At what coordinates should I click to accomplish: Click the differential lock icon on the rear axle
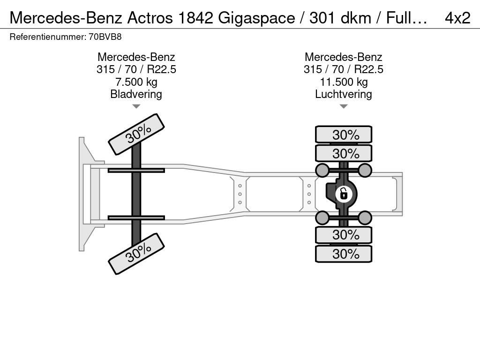(344, 194)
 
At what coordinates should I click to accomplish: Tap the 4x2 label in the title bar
(457, 18)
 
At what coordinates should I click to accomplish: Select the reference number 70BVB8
(105, 37)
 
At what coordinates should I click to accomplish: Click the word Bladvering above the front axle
(136, 94)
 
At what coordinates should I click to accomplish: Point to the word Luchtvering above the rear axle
(344, 94)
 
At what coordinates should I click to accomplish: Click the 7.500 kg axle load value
(136, 82)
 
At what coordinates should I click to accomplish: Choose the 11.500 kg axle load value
(344, 82)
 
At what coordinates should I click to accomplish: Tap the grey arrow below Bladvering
(136, 106)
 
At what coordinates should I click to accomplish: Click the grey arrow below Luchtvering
(344, 106)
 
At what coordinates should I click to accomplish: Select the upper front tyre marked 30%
(136, 135)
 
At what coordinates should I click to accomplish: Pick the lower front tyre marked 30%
(136, 254)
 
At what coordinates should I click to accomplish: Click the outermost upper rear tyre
(344, 135)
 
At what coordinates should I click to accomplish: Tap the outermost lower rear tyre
(344, 254)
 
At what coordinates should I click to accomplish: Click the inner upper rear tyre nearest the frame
(344, 153)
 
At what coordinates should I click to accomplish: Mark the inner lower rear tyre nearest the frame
(344, 235)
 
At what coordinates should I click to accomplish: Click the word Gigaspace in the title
(256, 18)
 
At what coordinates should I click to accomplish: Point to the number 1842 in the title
(195, 18)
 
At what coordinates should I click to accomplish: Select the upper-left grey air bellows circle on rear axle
(322, 170)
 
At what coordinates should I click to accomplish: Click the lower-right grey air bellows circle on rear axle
(365, 218)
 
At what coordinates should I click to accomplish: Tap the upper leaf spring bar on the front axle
(136, 170)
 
